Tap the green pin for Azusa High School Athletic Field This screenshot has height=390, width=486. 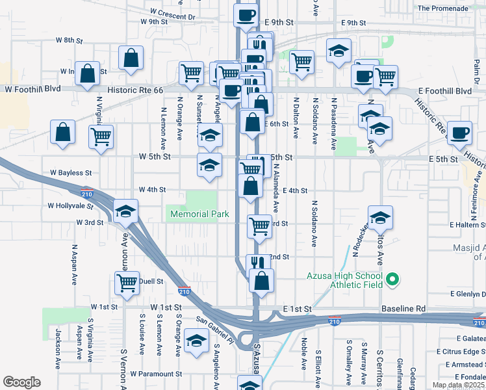(392, 281)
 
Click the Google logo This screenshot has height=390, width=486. (21, 382)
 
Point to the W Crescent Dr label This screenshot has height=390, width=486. (172, 13)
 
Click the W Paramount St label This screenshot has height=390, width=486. (156, 374)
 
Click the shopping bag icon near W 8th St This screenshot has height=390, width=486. (131, 58)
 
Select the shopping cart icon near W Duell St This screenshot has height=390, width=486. (126, 283)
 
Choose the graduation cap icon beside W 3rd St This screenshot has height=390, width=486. (126, 211)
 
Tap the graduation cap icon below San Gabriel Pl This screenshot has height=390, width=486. (196, 342)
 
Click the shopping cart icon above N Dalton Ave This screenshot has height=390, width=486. (302, 62)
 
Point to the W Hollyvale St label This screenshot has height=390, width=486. (71, 205)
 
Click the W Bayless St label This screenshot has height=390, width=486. (71, 174)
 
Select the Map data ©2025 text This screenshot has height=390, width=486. (459, 385)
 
